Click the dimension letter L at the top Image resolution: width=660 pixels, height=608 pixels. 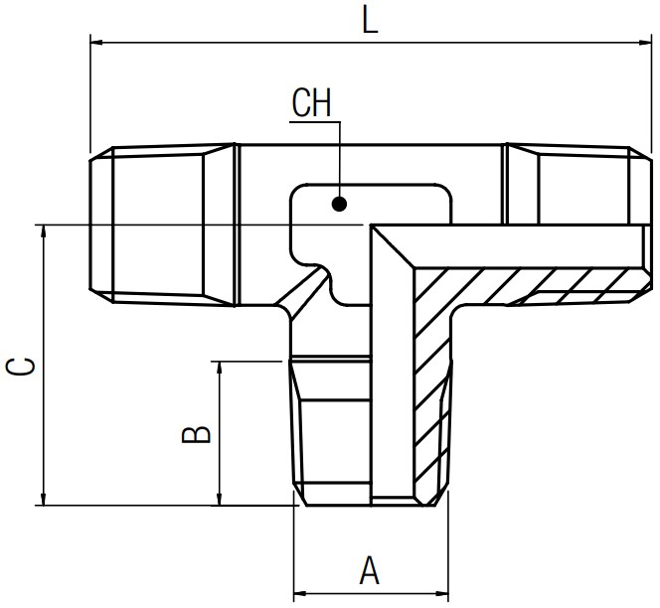tap(370, 20)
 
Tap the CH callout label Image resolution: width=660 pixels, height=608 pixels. tap(312, 102)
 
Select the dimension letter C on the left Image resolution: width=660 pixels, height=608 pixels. tap(20, 367)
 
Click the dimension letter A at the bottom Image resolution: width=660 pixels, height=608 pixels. tap(370, 570)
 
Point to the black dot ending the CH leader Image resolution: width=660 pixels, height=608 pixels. tap(339, 205)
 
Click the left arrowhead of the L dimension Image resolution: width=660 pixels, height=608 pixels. tap(96, 42)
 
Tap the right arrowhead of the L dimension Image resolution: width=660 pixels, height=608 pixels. tap(645, 42)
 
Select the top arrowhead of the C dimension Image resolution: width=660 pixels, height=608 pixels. tap(43, 231)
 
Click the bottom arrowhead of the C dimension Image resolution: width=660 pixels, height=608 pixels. tap(43, 499)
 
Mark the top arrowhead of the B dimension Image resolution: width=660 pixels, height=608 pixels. tap(219, 368)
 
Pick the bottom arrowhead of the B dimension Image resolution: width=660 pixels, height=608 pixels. tap(219, 499)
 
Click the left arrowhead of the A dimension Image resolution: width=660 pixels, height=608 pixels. tap(300, 594)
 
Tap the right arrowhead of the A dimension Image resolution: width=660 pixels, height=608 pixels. tap(442, 594)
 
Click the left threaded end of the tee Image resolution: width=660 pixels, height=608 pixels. tap(162, 225)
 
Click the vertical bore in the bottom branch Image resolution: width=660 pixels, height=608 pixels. tap(393, 379)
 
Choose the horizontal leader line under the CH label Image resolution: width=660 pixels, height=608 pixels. tap(315, 122)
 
